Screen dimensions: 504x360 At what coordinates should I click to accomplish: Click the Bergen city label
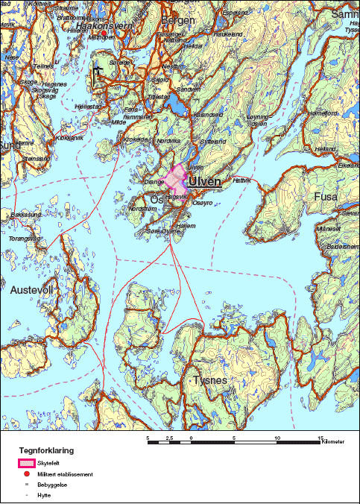click(178, 20)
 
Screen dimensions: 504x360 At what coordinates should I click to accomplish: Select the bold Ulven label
click(206, 181)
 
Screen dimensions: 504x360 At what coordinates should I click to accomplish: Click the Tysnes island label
click(210, 380)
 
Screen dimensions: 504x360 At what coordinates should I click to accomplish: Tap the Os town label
click(157, 200)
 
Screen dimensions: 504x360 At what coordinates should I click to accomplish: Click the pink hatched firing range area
click(176, 179)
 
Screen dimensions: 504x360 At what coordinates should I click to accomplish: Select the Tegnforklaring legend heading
click(45, 451)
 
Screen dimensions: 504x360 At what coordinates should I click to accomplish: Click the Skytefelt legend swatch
click(26, 463)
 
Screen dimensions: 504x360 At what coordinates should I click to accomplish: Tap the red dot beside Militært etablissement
click(26, 474)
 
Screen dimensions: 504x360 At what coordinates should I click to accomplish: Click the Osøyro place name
click(202, 203)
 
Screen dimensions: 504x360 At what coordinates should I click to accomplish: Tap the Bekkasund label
click(25, 214)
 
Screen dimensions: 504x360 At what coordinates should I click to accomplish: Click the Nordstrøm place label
click(142, 210)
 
